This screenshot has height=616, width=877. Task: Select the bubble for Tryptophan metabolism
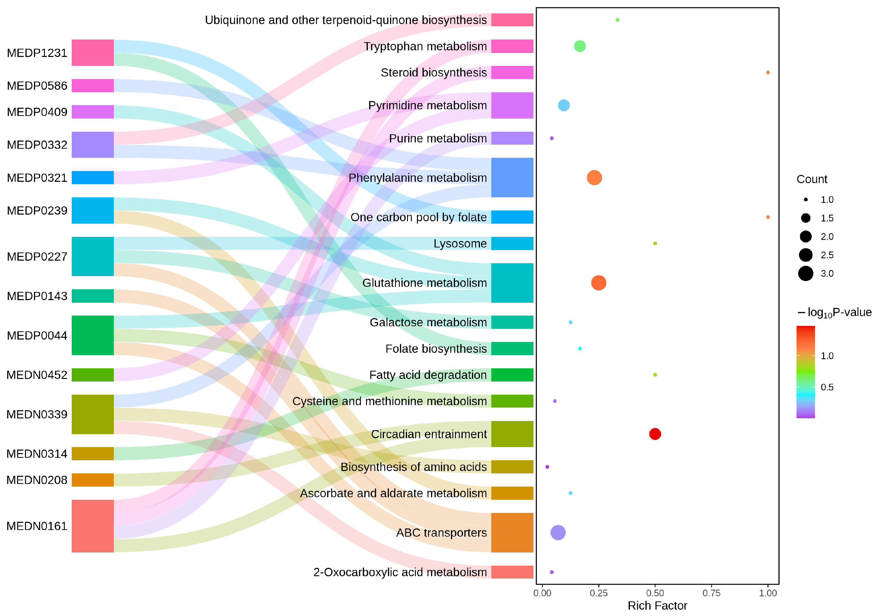point(579,46)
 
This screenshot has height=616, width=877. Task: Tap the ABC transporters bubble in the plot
point(558,532)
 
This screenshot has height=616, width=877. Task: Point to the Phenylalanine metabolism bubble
point(594,178)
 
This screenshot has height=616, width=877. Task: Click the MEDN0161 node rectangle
point(92,526)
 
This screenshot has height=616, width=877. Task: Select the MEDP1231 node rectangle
point(92,53)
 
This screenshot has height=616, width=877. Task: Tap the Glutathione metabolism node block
point(512,283)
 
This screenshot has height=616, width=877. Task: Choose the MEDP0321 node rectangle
point(92,178)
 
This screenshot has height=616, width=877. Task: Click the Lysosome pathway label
point(460,243)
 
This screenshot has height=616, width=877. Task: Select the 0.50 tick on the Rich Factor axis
point(655,593)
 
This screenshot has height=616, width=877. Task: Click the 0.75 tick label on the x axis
point(711,593)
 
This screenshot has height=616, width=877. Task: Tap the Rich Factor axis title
point(657,606)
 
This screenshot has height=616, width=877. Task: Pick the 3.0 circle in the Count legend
point(806,274)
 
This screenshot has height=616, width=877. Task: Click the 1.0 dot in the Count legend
point(806,199)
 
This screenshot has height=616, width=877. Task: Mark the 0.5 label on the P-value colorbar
point(827,387)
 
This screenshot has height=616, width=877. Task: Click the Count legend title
point(812,179)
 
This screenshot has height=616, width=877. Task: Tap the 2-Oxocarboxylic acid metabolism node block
point(512,572)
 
